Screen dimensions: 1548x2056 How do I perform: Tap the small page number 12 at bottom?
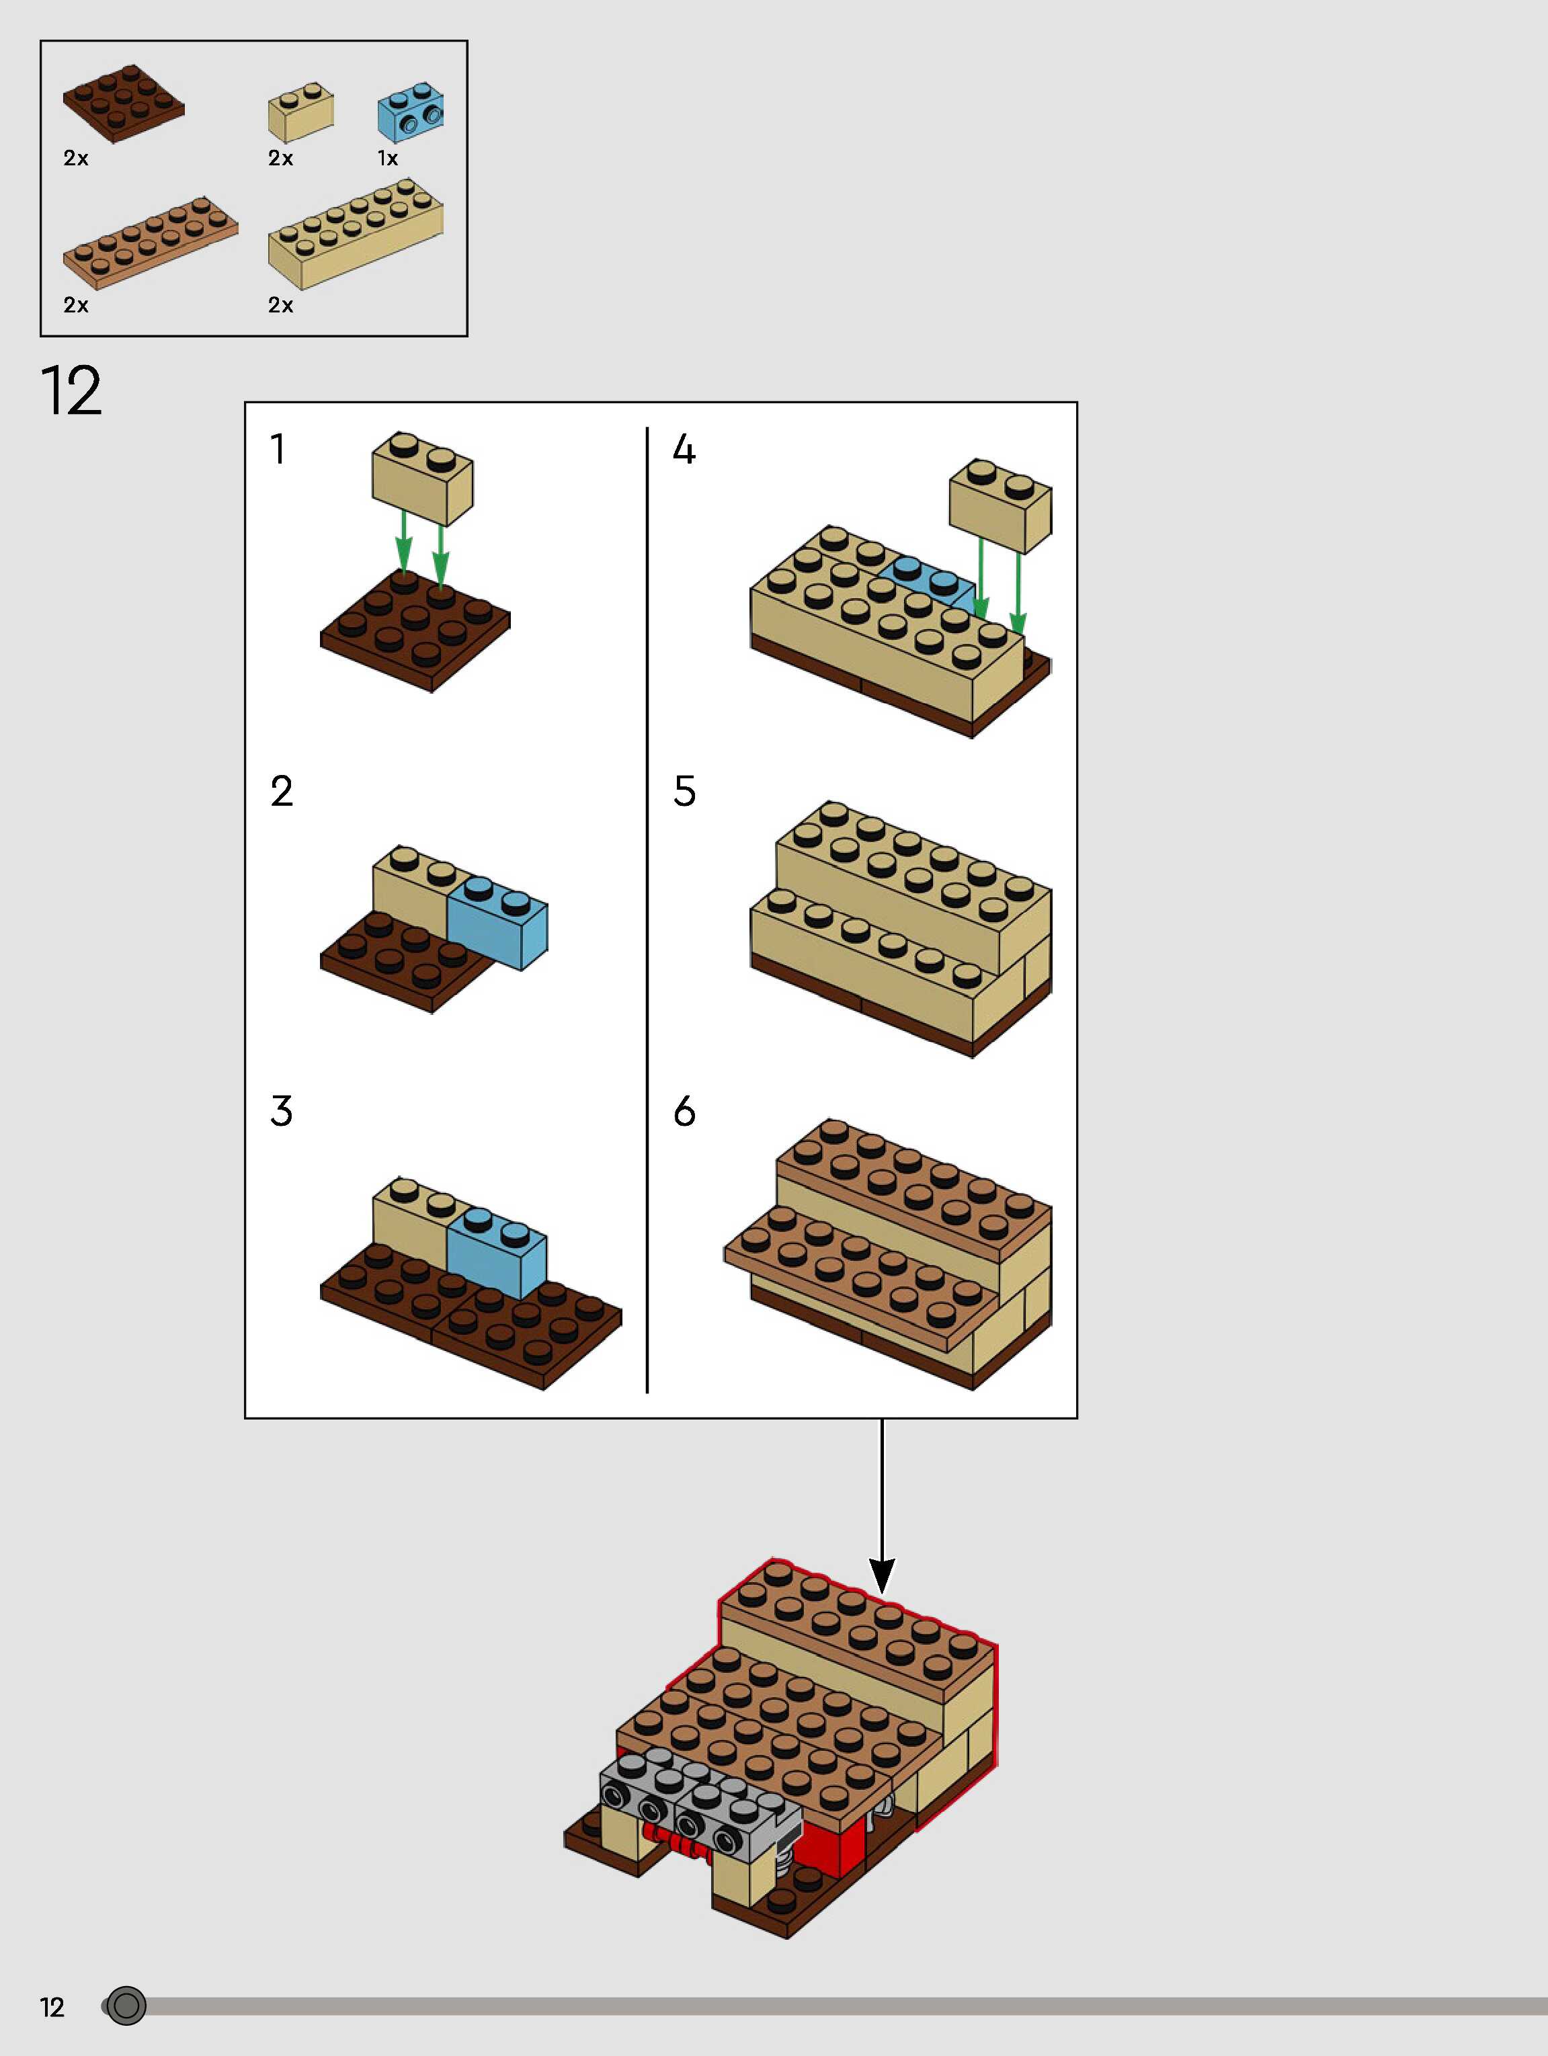point(52,2007)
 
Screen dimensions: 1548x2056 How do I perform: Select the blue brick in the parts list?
point(410,112)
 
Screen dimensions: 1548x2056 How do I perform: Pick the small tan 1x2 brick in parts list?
point(300,112)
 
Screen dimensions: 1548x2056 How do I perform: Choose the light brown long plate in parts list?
point(150,243)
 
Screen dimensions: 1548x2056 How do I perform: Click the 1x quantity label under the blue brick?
point(386,159)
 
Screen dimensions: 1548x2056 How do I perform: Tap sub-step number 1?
point(277,449)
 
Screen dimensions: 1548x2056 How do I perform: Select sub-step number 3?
point(281,1111)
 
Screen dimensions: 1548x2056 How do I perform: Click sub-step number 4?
point(684,450)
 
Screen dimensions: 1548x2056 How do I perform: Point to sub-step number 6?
point(684,1111)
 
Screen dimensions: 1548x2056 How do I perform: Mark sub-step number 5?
point(684,791)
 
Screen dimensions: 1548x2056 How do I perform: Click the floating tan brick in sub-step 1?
point(422,478)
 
